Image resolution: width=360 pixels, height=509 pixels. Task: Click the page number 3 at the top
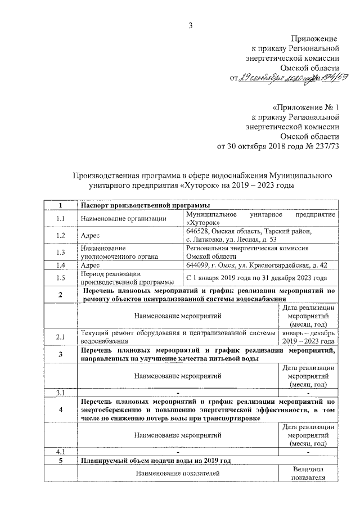pyautogui.click(x=190, y=25)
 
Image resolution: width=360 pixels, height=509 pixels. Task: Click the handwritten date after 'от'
pyautogui.click(x=268, y=78)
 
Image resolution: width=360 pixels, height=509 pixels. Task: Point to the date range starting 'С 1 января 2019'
pyautogui.click(x=256, y=278)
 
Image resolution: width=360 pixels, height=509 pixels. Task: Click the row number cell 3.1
pyautogui.click(x=60, y=392)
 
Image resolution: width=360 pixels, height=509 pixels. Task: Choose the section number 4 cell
pyautogui.click(x=60, y=409)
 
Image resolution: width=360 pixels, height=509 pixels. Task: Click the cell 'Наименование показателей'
pyautogui.click(x=178, y=474)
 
